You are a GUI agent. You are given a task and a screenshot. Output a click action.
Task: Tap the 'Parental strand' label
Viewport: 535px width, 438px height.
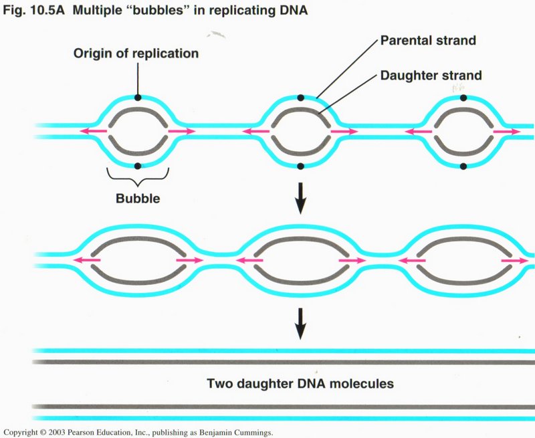(428, 41)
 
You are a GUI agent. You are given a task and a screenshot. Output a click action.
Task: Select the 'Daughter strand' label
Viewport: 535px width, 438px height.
(431, 76)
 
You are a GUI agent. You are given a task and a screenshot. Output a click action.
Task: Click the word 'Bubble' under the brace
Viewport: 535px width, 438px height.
(138, 199)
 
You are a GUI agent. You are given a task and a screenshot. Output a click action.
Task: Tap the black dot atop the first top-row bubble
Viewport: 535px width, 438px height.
(137, 98)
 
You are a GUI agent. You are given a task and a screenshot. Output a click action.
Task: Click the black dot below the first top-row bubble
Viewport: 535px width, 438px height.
(138, 166)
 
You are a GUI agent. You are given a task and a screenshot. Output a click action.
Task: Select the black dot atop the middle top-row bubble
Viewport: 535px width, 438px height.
(300, 98)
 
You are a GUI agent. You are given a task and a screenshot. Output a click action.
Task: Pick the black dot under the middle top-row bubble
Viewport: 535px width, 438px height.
(300, 166)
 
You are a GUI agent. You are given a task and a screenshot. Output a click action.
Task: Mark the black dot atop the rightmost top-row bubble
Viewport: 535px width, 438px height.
(463, 98)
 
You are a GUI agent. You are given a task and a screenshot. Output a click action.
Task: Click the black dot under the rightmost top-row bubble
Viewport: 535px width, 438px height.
(463, 166)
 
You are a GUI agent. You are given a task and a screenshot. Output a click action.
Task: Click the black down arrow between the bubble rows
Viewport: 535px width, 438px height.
(300, 199)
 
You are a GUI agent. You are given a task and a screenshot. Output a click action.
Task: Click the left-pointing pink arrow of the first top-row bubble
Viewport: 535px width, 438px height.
(89, 132)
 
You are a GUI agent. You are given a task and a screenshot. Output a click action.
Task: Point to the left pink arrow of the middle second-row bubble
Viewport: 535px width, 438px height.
(249, 260)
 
